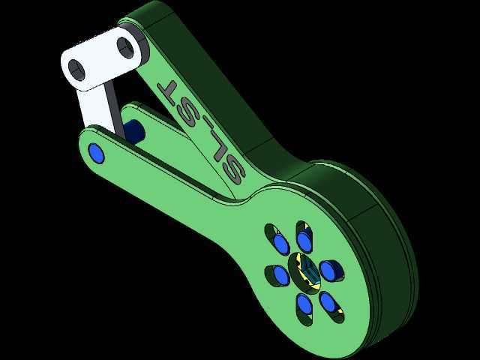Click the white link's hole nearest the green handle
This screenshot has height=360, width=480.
[125, 47]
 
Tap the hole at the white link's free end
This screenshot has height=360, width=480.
[76, 70]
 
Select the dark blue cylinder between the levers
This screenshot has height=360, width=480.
[133, 132]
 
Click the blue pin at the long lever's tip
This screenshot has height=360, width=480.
[96, 153]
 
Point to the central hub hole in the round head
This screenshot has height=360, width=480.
[305, 273]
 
